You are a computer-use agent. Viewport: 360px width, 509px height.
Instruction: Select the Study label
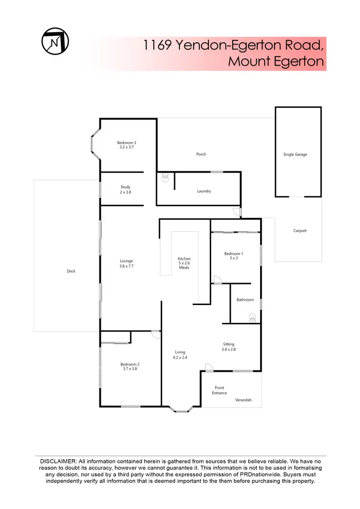pyautogui.click(x=125, y=189)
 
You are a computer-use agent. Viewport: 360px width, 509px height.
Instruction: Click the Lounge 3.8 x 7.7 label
pyautogui.click(x=126, y=263)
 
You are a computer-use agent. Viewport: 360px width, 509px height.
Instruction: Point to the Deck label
pyautogui.click(x=71, y=271)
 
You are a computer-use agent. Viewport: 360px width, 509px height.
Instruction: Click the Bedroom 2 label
pyautogui.click(x=130, y=367)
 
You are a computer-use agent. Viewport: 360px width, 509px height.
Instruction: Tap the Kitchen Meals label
pyautogui.click(x=184, y=263)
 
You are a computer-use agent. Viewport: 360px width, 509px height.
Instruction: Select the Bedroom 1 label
pyautogui.click(x=234, y=256)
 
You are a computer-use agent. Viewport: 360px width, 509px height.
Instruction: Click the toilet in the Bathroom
pyautogui.click(x=252, y=317)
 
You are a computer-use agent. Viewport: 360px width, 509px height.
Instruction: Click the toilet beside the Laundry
pyautogui.click(x=166, y=178)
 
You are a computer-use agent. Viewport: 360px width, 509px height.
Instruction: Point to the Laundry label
pyautogui.click(x=204, y=191)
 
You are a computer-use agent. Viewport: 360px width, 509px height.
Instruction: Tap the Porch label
pyautogui.click(x=201, y=154)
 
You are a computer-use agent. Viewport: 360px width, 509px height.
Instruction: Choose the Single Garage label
pyautogui.click(x=295, y=154)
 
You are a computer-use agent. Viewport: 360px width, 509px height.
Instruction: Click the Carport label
pyautogui.click(x=300, y=231)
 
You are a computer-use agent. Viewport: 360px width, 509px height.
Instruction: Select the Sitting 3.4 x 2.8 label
pyautogui.click(x=229, y=347)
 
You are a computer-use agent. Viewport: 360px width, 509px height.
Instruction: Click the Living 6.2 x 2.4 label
pyautogui.click(x=180, y=355)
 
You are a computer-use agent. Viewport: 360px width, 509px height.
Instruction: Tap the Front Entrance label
pyautogui.click(x=219, y=391)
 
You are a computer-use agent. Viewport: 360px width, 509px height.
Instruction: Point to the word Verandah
pyautogui.click(x=243, y=400)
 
